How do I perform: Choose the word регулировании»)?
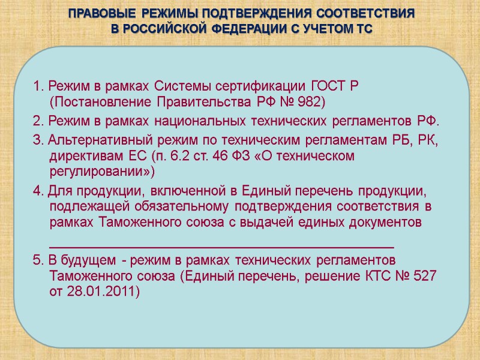pos(100,172)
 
